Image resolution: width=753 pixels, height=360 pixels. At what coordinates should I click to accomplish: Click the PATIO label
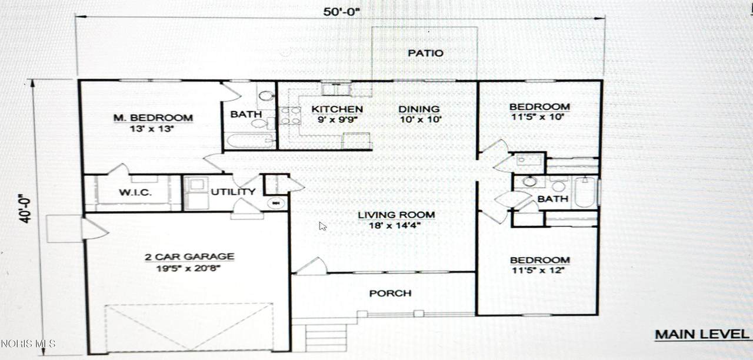tap(425, 53)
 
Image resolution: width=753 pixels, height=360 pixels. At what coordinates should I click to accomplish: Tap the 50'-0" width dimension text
tap(342, 12)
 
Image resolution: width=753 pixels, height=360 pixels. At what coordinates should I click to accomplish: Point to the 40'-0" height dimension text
tap(25, 209)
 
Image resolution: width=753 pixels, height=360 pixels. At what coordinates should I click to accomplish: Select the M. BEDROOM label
tap(153, 118)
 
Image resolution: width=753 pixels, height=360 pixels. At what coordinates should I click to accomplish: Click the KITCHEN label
tap(337, 109)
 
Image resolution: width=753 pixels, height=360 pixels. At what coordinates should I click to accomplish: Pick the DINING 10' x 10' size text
tap(421, 119)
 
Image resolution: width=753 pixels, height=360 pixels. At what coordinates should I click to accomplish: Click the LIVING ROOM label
tap(397, 215)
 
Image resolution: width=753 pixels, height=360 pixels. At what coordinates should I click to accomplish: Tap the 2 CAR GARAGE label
tap(189, 257)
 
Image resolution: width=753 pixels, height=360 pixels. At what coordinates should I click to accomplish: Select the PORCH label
tap(390, 294)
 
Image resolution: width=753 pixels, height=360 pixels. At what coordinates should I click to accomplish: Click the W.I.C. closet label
tap(135, 192)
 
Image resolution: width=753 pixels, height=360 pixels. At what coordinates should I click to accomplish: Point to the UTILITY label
tap(233, 192)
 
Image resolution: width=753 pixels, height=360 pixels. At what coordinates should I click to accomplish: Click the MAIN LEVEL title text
tap(702, 335)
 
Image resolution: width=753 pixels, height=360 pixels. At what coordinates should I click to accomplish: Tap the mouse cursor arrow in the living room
tap(323, 226)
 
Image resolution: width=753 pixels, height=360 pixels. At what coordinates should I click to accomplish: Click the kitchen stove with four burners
tap(290, 116)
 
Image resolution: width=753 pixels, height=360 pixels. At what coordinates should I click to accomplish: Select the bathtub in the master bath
tap(250, 141)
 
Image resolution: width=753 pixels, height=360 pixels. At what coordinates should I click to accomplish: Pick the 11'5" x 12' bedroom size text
tap(538, 270)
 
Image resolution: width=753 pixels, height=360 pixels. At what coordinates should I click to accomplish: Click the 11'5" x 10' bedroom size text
tap(537, 117)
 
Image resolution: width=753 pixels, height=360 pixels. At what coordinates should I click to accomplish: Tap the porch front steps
tap(326, 337)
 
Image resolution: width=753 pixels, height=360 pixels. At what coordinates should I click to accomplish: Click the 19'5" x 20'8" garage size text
tap(189, 269)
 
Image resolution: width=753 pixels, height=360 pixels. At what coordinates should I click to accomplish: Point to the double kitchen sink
tap(336, 90)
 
